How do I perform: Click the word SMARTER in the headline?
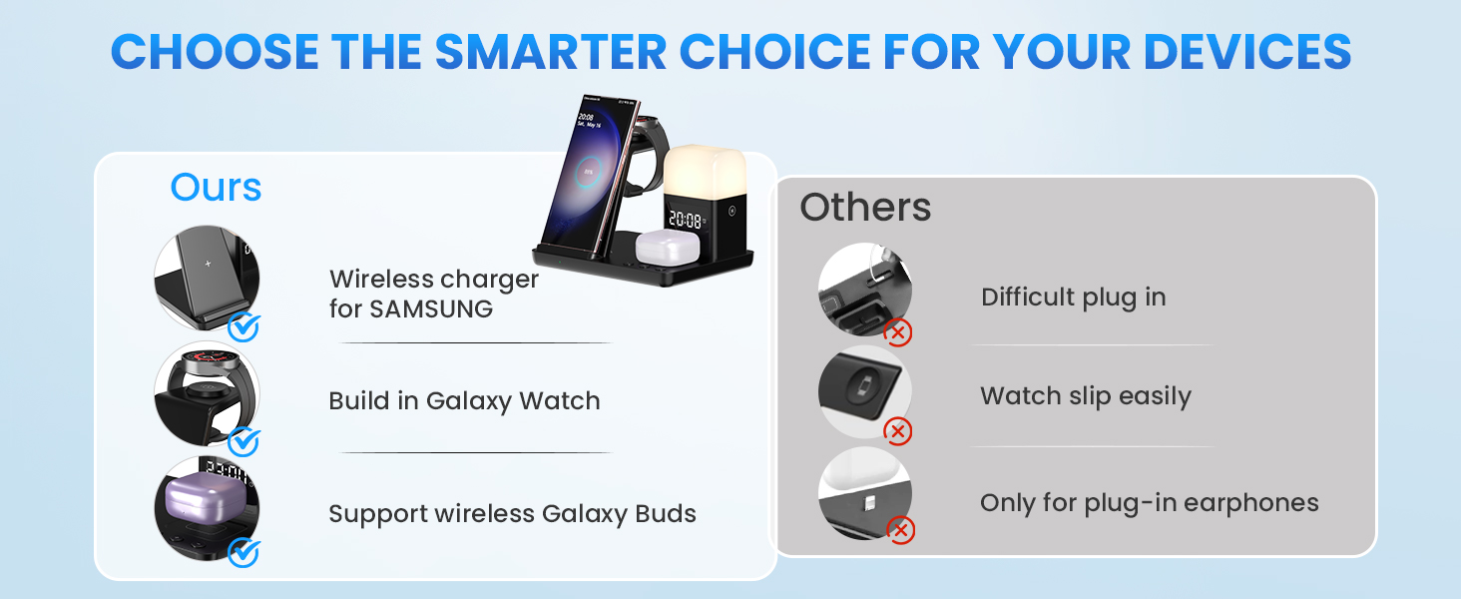pos(551,52)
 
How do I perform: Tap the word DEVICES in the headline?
pos(1247,52)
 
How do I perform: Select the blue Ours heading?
pos(216,188)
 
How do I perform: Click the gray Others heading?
pos(865,207)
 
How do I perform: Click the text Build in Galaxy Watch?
pos(464,401)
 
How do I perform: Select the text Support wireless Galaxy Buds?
pos(513,514)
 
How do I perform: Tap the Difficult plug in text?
pos(1074,298)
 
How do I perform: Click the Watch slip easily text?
pos(1086,396)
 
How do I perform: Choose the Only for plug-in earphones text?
pos(1150,503)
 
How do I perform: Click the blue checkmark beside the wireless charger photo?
pos(243,326)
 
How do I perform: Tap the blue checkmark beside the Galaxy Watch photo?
pos(243,441)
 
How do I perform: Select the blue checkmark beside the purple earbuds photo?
pos(243,553)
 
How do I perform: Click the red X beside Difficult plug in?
pos(898,332)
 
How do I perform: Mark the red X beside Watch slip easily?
pos(898,431)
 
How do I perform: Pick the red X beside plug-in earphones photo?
pos(901,530)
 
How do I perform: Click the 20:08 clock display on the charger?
pos(686,220)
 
